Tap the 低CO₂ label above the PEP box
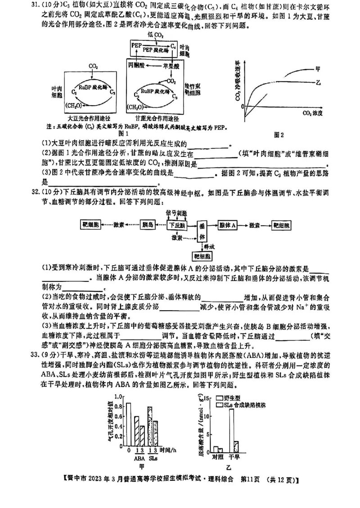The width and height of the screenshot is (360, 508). [x=155, y=35]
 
